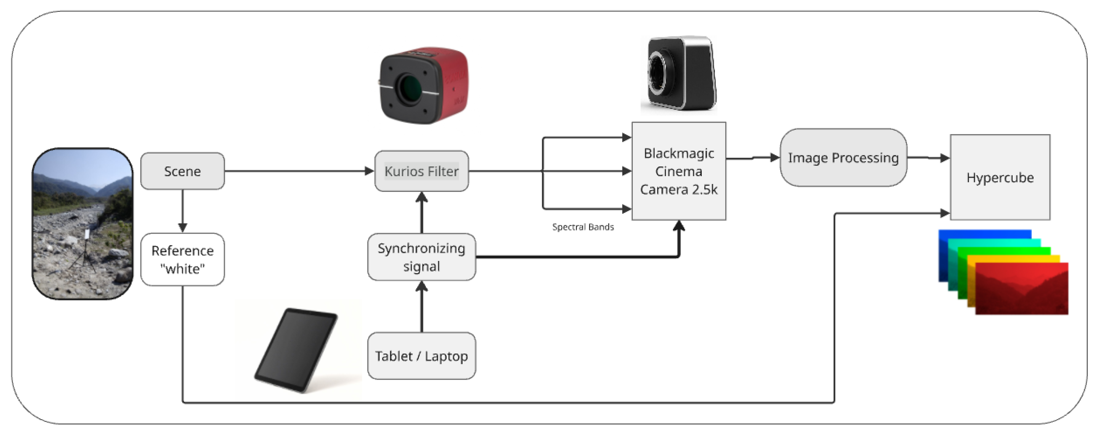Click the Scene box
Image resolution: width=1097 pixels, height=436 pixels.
pos(182,171)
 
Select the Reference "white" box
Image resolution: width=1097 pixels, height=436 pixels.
pos(182,259)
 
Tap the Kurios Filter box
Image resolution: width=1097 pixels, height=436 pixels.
pos(421,171)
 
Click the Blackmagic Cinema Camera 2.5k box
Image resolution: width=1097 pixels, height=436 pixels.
pos(679,171)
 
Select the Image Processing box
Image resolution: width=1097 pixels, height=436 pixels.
pos(843,158)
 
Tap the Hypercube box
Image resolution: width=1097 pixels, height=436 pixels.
pos(1000,177)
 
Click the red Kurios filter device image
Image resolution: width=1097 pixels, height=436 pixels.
pos(423,85)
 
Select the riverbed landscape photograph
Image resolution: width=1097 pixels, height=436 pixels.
pos(83,224)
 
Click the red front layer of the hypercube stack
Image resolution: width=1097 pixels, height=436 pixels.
pos(1022,288)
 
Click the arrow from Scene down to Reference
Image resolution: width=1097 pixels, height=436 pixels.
pos(182,211)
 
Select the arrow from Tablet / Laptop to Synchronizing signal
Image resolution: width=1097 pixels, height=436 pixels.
pos(422,307)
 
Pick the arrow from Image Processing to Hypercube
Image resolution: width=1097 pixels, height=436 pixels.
pos(929,158)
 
